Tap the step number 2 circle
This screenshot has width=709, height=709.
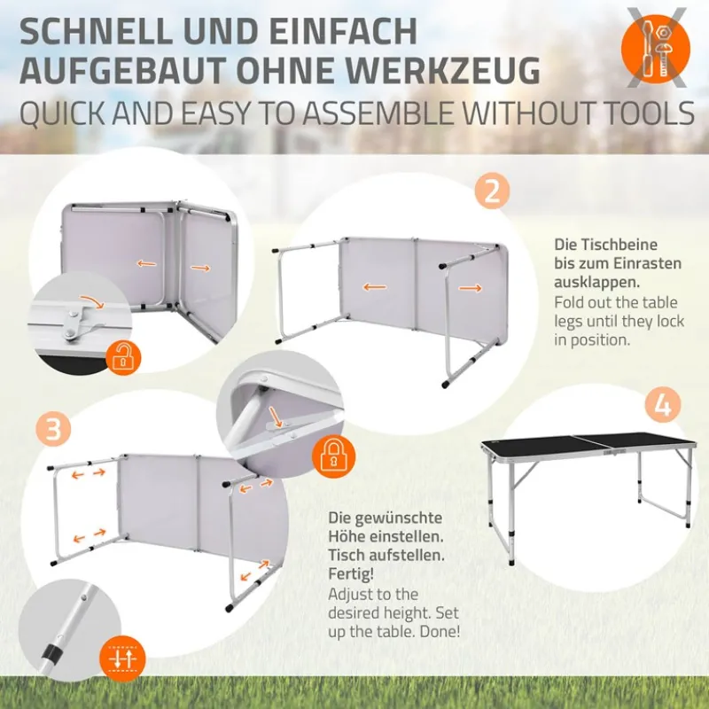(x=492, y=191)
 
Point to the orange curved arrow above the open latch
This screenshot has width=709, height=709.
(x=90, y=302)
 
